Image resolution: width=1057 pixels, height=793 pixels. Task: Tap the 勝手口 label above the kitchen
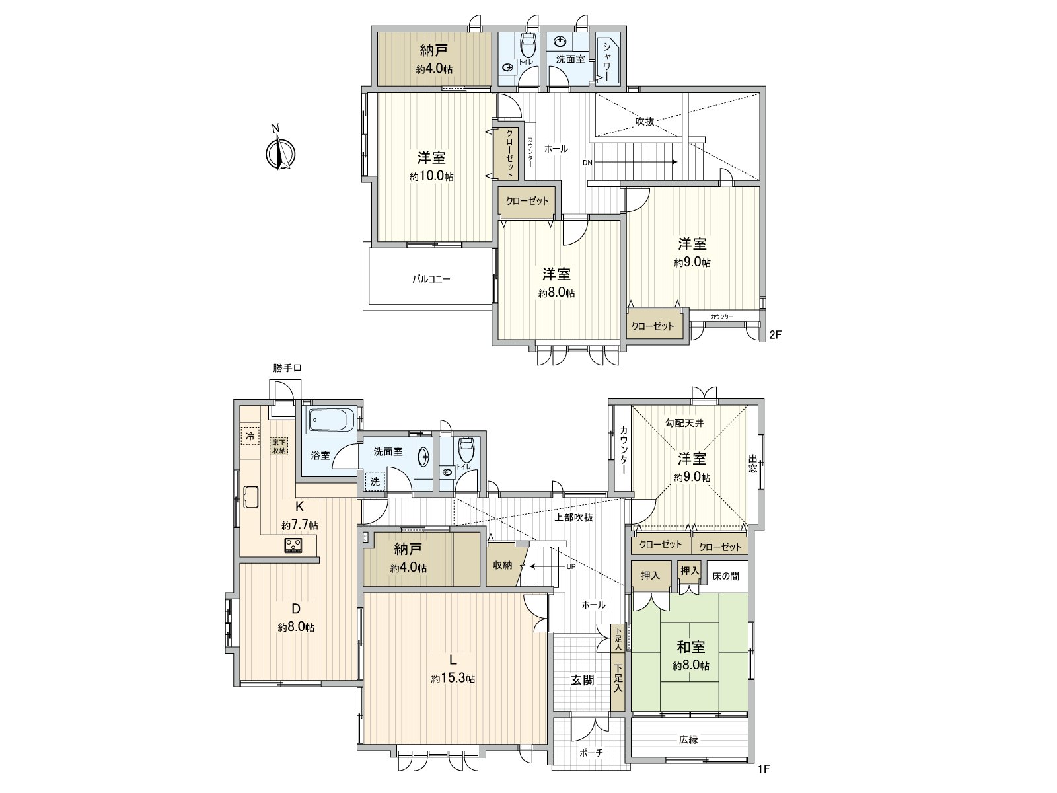[x=287, y=369]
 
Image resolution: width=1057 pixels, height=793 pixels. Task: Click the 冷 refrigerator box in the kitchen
[x=250, y=436]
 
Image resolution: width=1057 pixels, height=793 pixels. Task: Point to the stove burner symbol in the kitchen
[x=293, y=545]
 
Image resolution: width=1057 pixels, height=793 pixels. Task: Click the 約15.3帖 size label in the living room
[x=453, y=679]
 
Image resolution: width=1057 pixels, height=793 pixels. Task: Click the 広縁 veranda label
[x=688, y=739]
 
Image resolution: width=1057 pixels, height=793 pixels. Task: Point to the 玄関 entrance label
[x=583, y=679]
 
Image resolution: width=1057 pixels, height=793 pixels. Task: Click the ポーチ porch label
[x=591, y=771]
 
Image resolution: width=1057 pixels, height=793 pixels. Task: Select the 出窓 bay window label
[x=752, y=463]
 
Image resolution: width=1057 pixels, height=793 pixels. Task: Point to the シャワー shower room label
[x=606, y=59]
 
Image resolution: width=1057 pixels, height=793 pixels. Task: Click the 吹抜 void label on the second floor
[x=645, y=122]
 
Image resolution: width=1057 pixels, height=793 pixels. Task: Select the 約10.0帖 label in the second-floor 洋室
[x=431, y=177]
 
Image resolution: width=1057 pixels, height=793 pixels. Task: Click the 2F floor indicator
[x=775, y=335]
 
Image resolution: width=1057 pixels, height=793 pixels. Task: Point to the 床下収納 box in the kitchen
[x=279, y=446]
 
